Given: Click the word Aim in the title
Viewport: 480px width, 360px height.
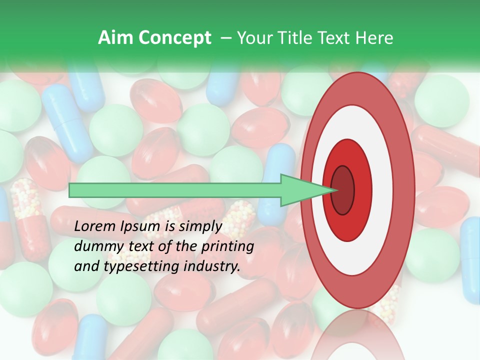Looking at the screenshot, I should tap(115, 38).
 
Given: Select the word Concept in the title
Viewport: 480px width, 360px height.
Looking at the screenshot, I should tap(174, 38).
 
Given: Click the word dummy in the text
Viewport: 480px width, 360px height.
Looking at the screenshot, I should tap(95, 246).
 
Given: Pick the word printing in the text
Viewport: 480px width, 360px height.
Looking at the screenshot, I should tap(227, 246).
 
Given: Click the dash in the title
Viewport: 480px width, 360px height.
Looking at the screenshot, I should tap(225, 38).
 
